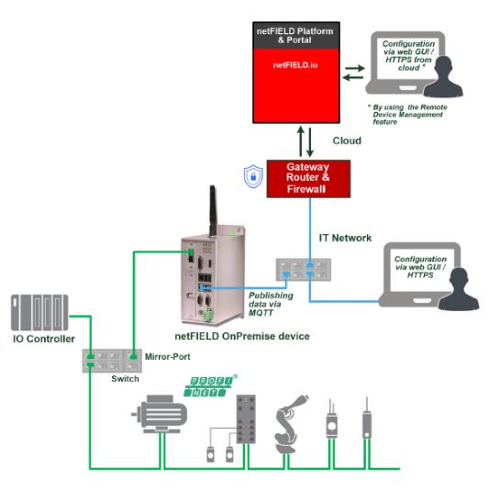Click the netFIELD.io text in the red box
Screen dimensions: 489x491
[295, 65]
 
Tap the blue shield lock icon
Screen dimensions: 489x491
[253, 176]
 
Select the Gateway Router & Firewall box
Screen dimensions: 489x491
[308, 179]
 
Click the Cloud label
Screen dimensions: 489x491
[347, 140]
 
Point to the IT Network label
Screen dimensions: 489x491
[345, 238]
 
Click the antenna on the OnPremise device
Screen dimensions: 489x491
[213, 210]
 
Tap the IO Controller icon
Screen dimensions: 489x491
[39, 313]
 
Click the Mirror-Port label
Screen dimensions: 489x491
[168, 357]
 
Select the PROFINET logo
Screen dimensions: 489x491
[210, 385]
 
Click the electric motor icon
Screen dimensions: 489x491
[161, 414]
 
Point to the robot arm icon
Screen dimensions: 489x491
[290, 424]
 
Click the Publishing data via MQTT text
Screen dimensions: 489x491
[271, 304]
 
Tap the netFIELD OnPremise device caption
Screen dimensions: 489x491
[242, 336]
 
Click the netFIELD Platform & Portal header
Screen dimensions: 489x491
[295, 36]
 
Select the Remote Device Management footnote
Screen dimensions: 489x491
[407, 115]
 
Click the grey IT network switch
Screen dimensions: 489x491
[304, 270]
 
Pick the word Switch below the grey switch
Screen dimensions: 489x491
[125, 379]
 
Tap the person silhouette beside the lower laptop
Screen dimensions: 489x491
[459, 289]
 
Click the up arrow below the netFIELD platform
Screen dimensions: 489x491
[301, 141]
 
